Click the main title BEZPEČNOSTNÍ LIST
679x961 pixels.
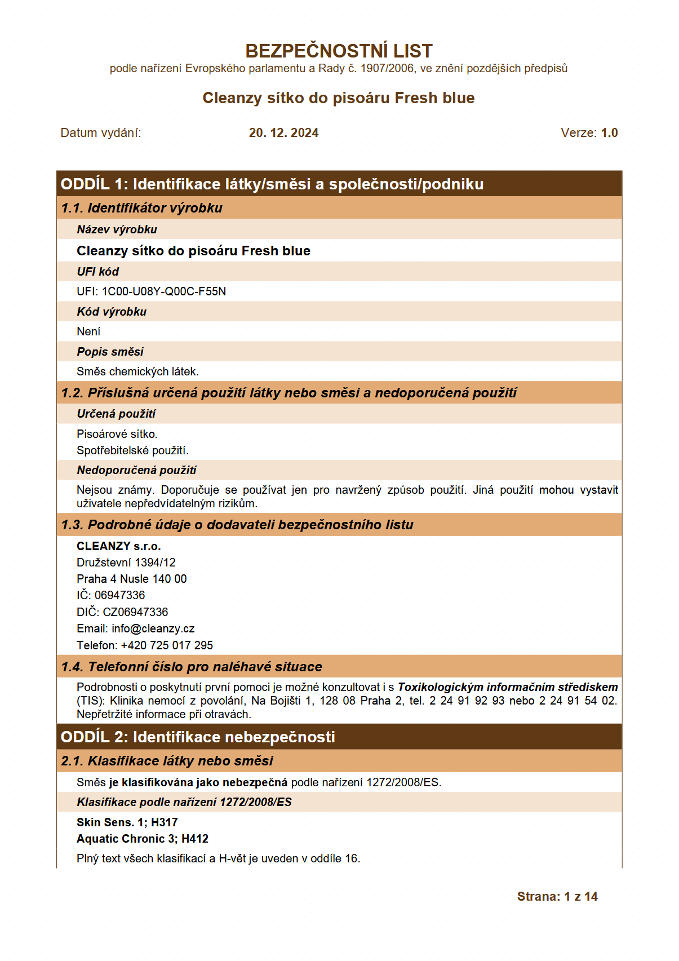click(339, 51)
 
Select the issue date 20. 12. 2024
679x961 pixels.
click(283, 133)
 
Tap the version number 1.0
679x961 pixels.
click(609, 133)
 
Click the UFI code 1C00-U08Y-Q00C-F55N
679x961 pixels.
click(163, 291)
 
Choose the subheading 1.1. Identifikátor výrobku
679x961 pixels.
click(141, 208)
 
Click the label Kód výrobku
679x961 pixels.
click(112, 312)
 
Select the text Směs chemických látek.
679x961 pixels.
click(137, 371)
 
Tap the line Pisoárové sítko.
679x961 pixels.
click(117, 434)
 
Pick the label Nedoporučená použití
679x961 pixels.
click(136, 470)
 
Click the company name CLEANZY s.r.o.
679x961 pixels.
click(118, 546)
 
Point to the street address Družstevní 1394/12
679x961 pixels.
click(126, 563)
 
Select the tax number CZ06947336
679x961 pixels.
click(135, 612)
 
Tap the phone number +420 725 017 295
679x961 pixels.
click(167, 645)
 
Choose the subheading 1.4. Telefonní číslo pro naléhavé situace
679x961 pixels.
click(191, 667)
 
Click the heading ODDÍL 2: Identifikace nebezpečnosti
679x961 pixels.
click(197, 737)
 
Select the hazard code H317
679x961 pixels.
click(165, 822)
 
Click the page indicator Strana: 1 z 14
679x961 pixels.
click(557, 897)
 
